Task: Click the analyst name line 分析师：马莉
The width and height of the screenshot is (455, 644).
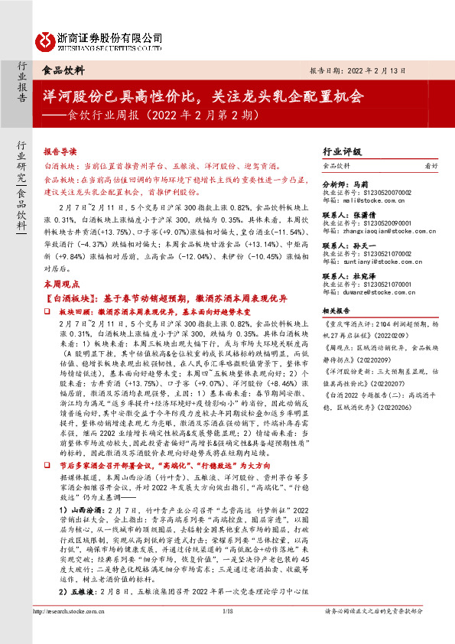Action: pos(347,184)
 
